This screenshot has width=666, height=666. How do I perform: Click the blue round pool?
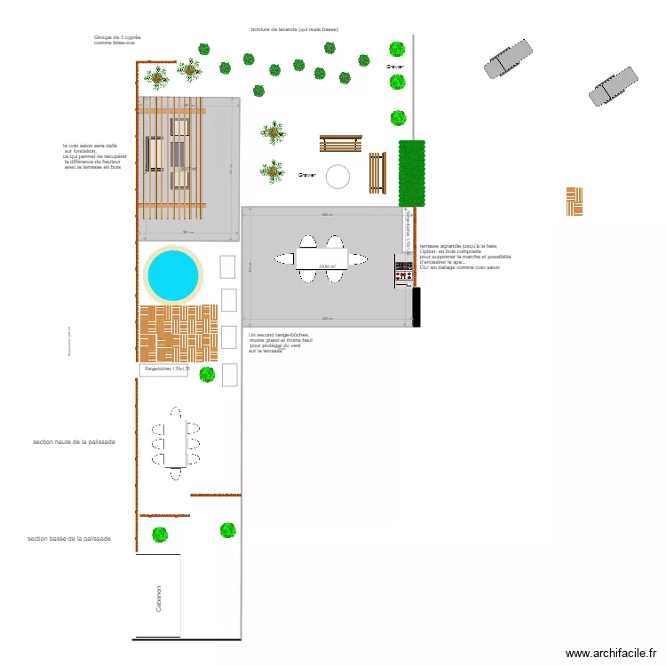click(x=172, y=274)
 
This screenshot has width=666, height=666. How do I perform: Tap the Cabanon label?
click(x=159, y=598)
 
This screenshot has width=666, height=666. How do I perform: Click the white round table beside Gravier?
click(x=337, y=177)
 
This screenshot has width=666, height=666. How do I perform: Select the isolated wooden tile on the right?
click(x=575, y=202)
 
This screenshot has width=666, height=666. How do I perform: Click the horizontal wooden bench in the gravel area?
click(x=341, y=144)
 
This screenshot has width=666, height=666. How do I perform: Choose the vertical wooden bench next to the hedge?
click(x=377, y=172)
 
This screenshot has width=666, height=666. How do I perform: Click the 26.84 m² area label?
click(x=328, y=266)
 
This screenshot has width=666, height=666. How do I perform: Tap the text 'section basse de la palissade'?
click(x=69, y=538)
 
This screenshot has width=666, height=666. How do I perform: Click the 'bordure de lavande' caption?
click(x=295, y=29)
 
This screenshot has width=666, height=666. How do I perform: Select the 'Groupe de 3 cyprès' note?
click(x=117, y=40)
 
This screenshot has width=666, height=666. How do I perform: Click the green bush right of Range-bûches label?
click(x=207, y=375)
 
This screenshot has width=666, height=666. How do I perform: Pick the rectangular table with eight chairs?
click(x=176, y=438)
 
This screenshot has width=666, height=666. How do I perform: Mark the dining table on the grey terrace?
click(x=321, y=258)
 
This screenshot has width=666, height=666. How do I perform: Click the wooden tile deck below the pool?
click(x=178, y=333)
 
